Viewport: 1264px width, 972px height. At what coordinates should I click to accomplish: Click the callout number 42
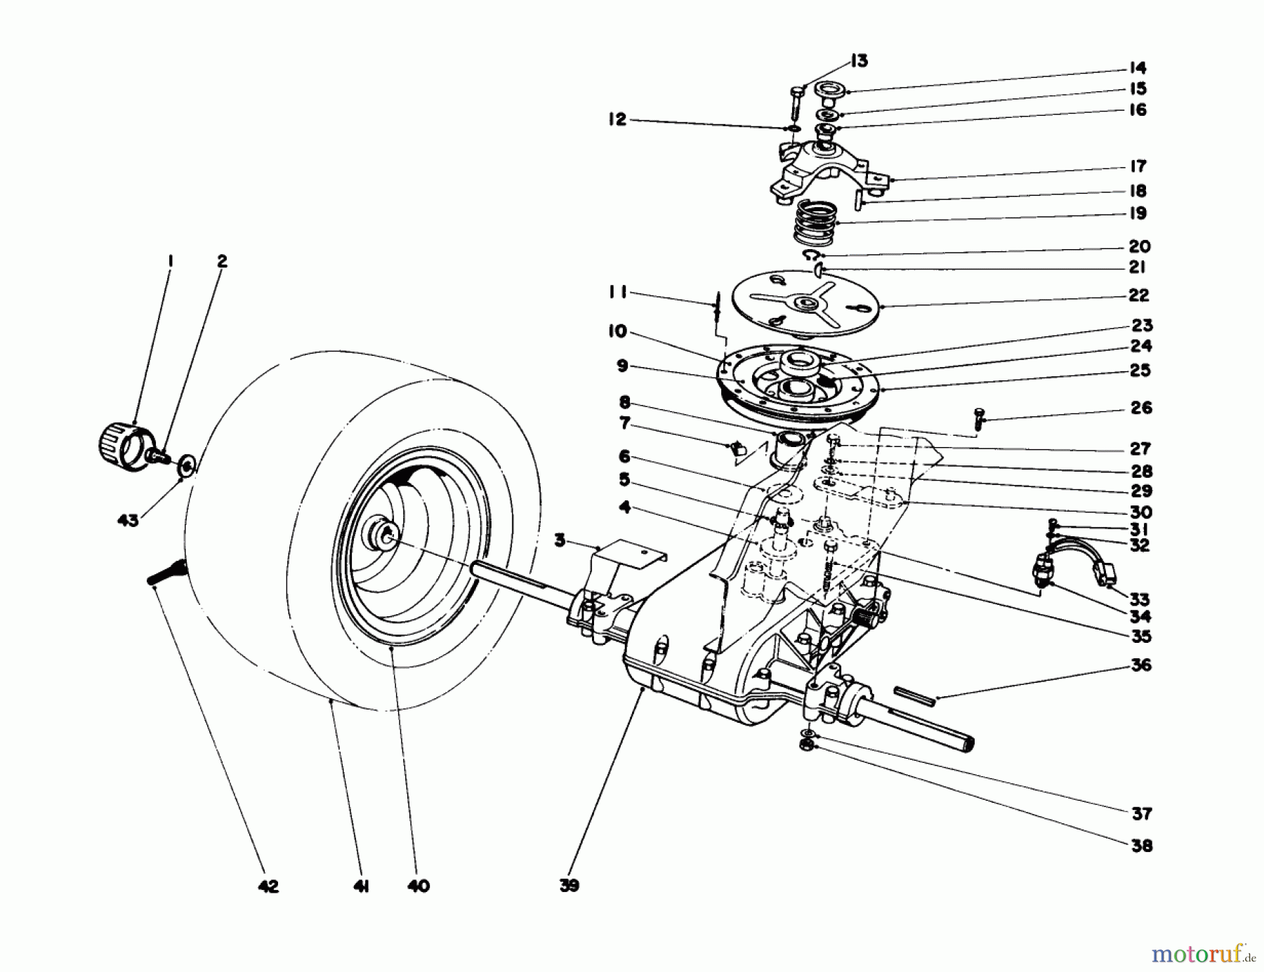pos(268,886)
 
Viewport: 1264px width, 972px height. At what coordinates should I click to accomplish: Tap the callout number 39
pos(570,886)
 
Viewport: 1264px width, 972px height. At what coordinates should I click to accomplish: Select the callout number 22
pos(1139,295)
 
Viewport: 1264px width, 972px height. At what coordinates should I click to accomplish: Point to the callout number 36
pos(1142,665)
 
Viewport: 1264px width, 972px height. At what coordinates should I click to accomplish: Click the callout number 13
pos(859,61)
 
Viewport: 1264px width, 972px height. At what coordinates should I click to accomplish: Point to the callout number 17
pos(1138,166)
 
